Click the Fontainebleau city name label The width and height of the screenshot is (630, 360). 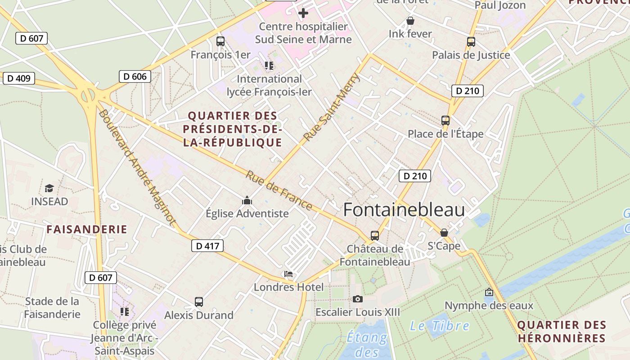point(404,210)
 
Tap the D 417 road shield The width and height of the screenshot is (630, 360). point(207,246)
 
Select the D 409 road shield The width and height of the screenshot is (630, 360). point(19,78)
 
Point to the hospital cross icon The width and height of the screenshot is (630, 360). point(303,13)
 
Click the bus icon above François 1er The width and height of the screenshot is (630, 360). point(220,41)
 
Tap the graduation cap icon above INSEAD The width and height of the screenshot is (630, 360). point(49,188)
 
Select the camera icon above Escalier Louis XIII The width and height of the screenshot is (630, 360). point(357,299)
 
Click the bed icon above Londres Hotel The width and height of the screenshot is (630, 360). point(288,274)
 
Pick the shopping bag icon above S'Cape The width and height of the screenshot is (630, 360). point(444,233)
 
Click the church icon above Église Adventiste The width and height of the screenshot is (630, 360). point(247,200)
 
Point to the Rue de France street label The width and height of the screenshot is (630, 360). point(279,190)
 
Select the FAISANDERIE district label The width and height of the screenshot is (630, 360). point(87,229)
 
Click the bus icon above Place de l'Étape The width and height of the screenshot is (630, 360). point(445,121)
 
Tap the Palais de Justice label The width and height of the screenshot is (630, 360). point(471,55)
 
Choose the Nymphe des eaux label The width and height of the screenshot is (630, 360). point(489,306)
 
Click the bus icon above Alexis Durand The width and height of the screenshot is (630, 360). point(198,302)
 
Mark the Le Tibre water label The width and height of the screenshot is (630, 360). point(439,326)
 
